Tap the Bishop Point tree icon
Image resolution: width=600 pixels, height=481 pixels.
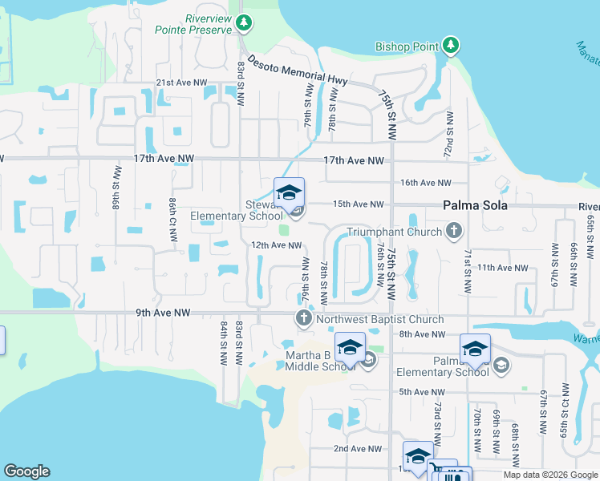click(452, 46)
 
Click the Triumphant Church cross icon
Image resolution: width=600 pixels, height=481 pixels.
click(454, 232)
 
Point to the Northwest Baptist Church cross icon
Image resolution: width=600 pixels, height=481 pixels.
click(304, 320)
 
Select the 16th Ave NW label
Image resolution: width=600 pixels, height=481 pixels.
click(426, 183)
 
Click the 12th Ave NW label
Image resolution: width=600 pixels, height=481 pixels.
click(276, 245)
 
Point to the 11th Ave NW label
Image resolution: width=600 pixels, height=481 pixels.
click(502, 267)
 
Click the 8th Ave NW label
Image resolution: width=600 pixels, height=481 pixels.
click(423, 333)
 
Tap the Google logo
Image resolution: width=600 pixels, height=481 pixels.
click(26, 471)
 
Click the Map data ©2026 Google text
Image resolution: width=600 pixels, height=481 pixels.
click(549, 475)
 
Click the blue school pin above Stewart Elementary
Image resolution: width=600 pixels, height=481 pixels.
click(289, 193)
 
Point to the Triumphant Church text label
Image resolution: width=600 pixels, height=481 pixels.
click(394, 232)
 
